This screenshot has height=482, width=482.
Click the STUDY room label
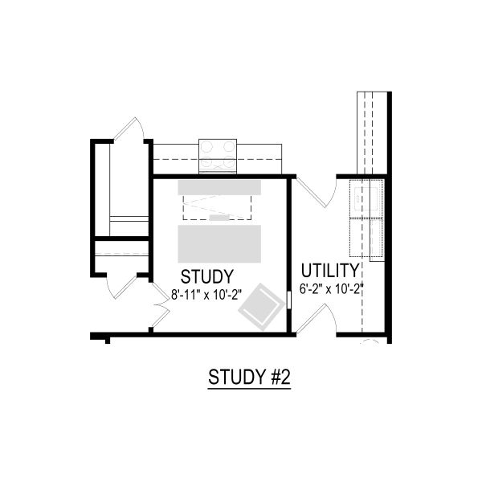pyautogui.click(x=207, y=276)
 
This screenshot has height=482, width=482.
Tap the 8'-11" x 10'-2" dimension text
pyautogui.click(x=206, y=295)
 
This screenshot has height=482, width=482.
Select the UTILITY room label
pyautogui.click(x=330, y=271)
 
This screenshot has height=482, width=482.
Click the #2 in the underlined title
pyautogui.click(x=281, y=377)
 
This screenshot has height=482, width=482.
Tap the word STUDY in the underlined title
pyautogui.click(x=237, y=377)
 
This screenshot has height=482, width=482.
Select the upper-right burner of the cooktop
pyautogui.click(x=229, y=146)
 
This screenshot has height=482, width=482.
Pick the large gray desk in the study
pyautogui.click(x=219, y=243)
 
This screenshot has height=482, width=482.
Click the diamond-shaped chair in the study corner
pyautogui.click(x=262, y=307)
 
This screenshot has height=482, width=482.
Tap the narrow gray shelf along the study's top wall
pyautogui.click(x=219, y=187)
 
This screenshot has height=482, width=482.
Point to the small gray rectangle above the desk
pyautogui.click(x=219, y=218)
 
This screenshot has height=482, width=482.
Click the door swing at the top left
pyautogui.click(x=129, y=129)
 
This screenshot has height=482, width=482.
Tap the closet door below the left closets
pyautogui.click(x=121, y=287)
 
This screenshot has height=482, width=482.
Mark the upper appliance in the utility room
pyautogui.click(x=366, y=198)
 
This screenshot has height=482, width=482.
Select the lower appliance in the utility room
pyautogui.click(x=366, y=237)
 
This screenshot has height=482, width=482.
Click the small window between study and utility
pyautogui.click(x=288, y=300)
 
